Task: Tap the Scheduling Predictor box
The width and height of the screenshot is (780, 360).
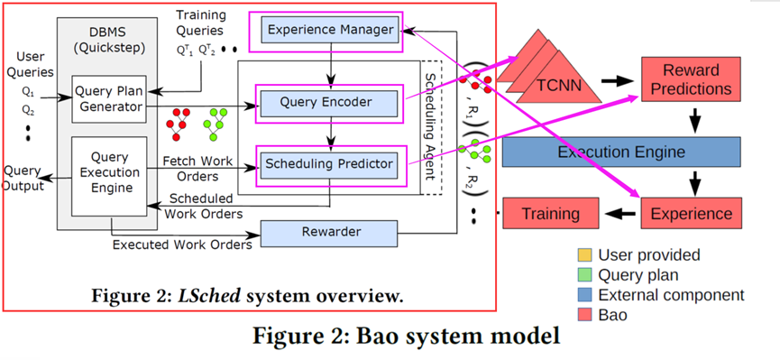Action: click(x=328, y=163)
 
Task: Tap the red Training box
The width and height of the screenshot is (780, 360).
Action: click(x=551, y=214)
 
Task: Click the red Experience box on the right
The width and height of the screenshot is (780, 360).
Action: click(x=693, y=214)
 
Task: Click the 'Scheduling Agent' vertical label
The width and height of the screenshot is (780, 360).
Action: click(x=430, y=126)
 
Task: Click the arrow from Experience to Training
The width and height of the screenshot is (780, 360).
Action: click(x=620, y=215)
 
